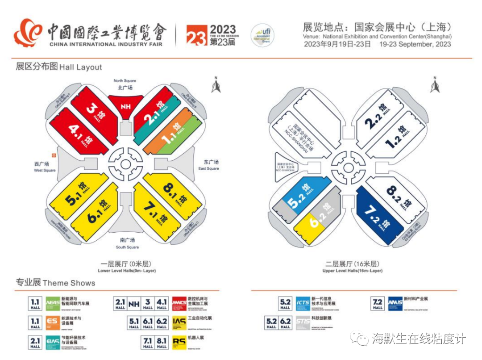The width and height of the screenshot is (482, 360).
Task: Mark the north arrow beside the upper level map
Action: coord(435,85)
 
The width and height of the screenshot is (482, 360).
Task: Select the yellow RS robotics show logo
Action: coord(179,342)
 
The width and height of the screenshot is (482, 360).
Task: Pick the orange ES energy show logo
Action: coord(52,322)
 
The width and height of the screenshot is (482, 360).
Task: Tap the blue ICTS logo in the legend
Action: coord(303,303)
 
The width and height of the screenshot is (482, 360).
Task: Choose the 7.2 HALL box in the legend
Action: coord(378,303)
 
